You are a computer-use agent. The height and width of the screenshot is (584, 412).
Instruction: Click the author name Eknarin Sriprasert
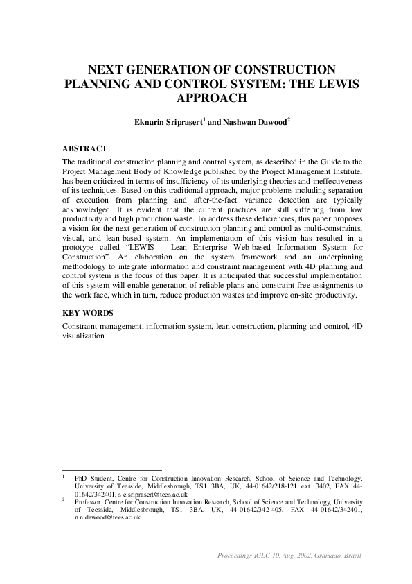coord(166,121)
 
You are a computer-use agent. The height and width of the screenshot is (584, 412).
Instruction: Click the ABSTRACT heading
coord(84,148)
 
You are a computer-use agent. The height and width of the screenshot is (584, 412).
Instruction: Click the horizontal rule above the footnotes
coord(111,470)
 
